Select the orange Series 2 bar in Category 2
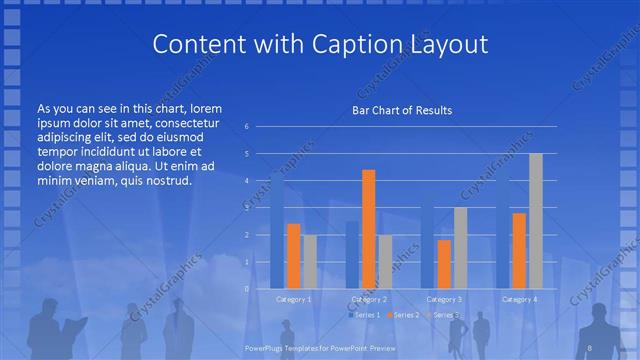click(x=369, y=229)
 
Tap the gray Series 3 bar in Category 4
click(x=536, y=221)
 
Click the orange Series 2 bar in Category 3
click(x=443, y=264)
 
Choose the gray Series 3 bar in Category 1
click(x=310, y=262)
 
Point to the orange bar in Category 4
click(x=519, y=250)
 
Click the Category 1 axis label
click(x=293, y=299)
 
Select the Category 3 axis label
click(x=444, y=299)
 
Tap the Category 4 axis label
click(x=519, y=299)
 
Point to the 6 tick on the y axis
click(x=247, y=127)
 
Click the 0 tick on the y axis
click(x=247, y=288)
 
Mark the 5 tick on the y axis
click(x=247, y=154)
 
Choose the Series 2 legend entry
click(x=403, y=315)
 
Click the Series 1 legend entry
click(x=365, y=315)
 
